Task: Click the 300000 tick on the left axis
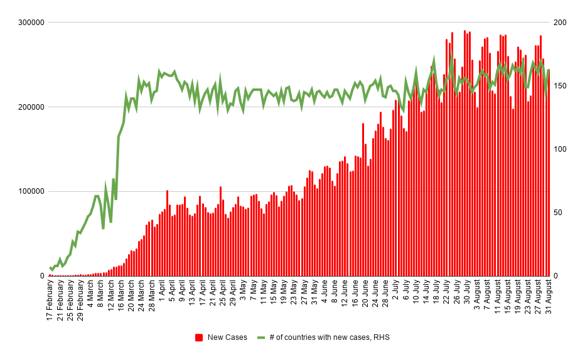[x=30, y=23]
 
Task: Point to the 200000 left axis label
[x=30, y=107]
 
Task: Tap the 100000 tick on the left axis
[x=30, y=191]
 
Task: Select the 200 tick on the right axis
[x=560, y=23]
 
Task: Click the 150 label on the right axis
[x=560, y=86]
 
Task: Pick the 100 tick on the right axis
[x=560, y=149]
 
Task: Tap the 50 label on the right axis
[x=558, y=213]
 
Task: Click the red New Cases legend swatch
[x=199, y=337]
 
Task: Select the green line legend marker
[x=262, y=337]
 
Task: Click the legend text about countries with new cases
[x=329, y=337]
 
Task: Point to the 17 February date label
[x=50, y=300]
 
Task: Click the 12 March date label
[x=111, y=296]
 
